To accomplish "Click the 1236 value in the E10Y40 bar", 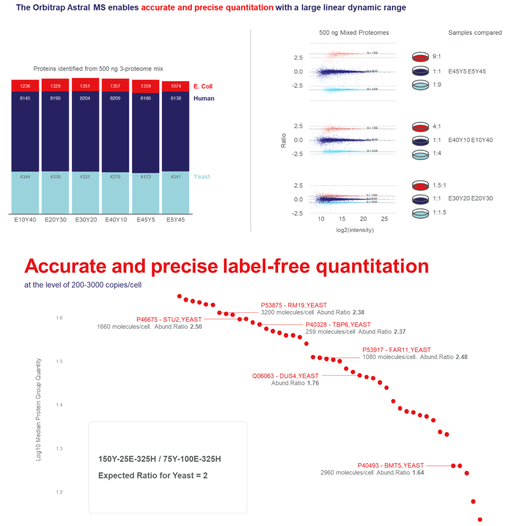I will (x=25, y=86).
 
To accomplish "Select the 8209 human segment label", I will (x=116, y=99).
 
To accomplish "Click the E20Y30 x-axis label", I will (x=55, y=219).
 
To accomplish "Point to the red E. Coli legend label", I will (x=204, y=86).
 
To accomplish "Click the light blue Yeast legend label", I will (x=202, y=176).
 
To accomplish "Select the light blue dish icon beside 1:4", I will (x=420, y=154).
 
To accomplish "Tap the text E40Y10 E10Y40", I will (x=470, y=140).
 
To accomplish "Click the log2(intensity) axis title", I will (x=354, y=230).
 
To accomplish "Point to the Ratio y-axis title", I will (x=283, y=140).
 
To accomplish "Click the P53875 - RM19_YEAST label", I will (x=294, y=305).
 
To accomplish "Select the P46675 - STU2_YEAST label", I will (x=169, y=319).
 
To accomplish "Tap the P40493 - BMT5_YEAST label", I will (x=391, y=465).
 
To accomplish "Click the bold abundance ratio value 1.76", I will (x=313, y=383).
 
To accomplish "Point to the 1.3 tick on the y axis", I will (x=59, y=449).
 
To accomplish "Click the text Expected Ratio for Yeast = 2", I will (x=153, y=476).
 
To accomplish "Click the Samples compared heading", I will (x=475, y=33).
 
